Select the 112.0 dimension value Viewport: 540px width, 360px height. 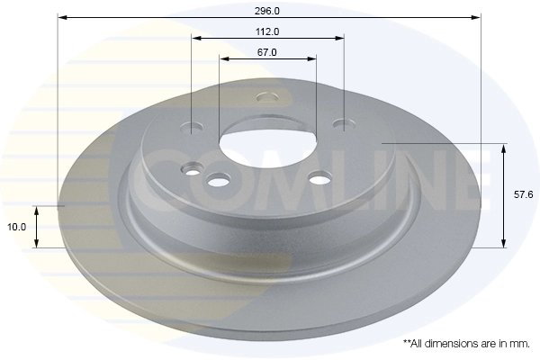tap(267, 31)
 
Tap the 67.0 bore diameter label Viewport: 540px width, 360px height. tap(266, 52)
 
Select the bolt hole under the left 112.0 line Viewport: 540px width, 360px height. tap(195, 126)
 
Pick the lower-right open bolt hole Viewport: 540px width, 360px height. tap(319, 180)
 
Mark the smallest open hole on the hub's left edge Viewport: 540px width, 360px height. tap(192, 167)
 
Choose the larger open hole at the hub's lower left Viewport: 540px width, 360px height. tap(217, 183)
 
